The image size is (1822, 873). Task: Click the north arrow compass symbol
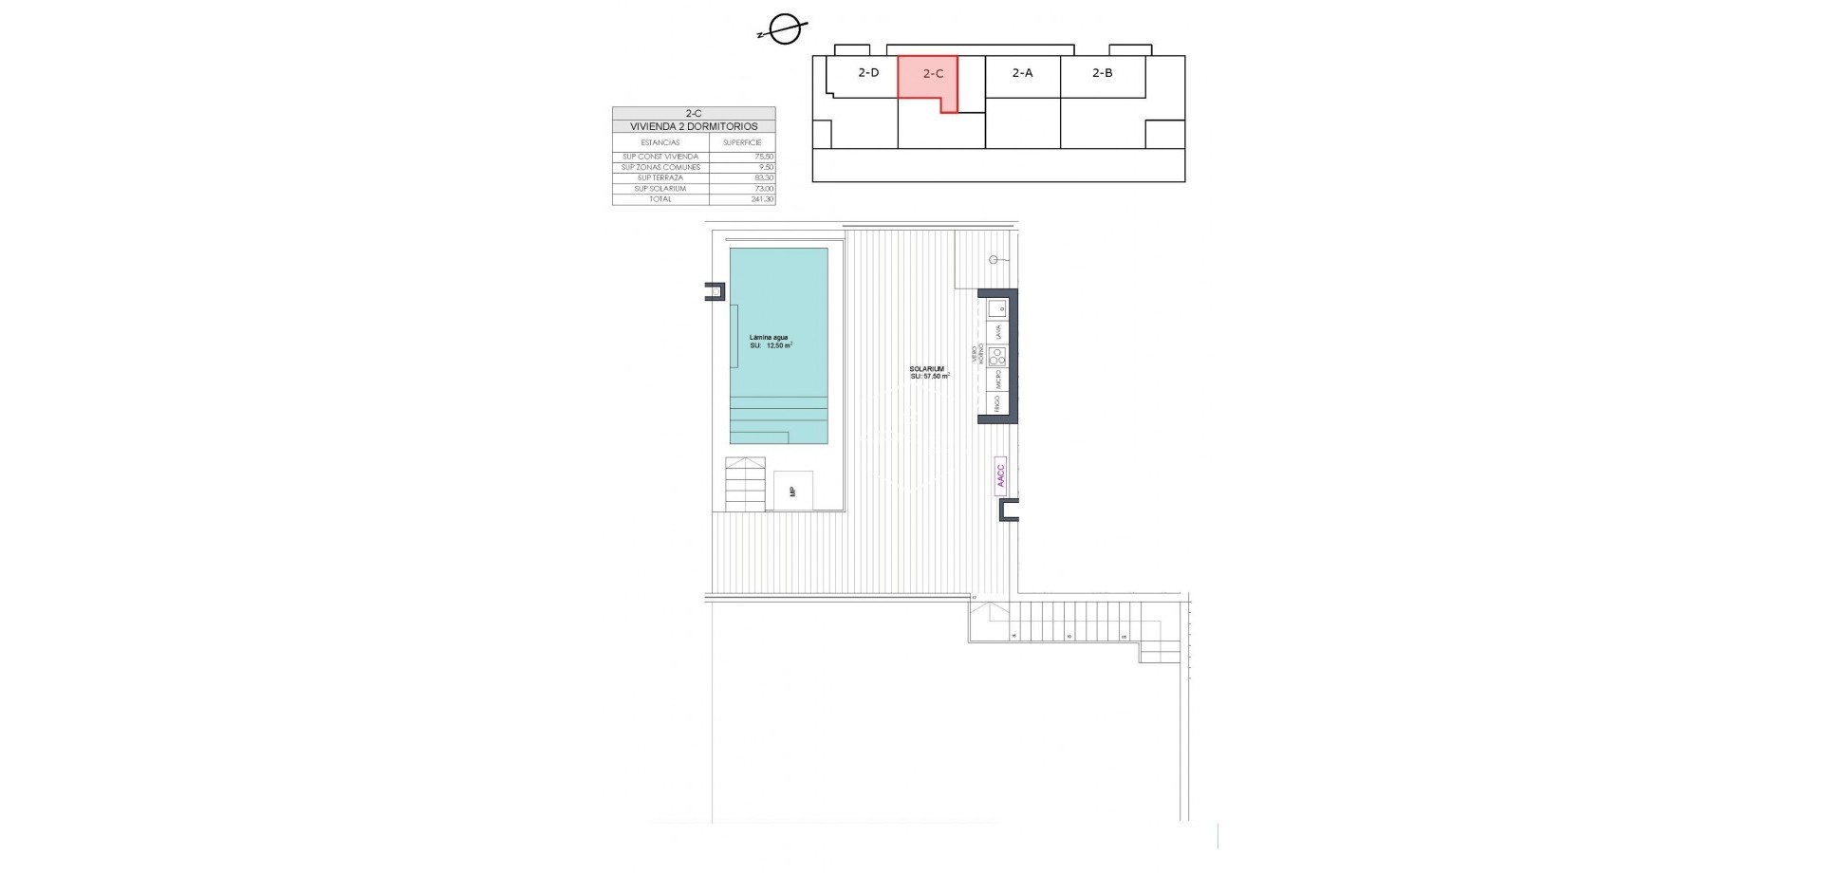click(784, 31)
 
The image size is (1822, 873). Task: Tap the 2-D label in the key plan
click(868, 73)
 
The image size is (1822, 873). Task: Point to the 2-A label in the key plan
click(1022, 73)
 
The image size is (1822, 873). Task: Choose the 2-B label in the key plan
click(1102, 73)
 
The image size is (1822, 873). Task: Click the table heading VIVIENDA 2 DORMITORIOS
click(694, 126)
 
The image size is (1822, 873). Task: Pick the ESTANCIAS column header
click(660, 142)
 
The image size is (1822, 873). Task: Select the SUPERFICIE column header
click(742, 142)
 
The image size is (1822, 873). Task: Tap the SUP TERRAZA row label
click(660, 178)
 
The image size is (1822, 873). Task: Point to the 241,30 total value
click(762, 199)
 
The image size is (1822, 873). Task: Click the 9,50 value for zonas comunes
click(766, 167)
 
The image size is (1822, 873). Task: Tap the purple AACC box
click(1000, 474)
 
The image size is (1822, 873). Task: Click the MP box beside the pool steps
click(792, 491)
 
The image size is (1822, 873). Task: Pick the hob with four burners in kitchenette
click(996, 357)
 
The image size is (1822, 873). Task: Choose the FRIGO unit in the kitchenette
click(996, 403)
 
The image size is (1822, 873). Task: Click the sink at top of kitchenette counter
click(996, 308)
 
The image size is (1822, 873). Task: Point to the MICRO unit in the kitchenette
click(996, 380)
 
